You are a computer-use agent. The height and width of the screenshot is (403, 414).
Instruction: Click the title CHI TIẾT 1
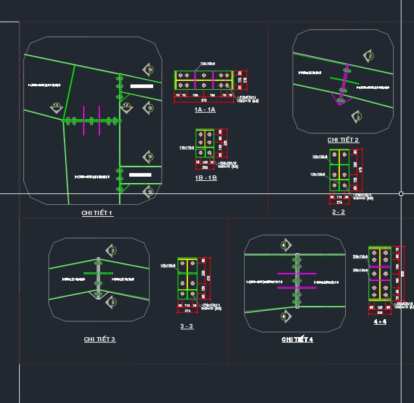[x=97, y=213]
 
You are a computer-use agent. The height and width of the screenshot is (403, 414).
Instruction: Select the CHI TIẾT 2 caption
[x=343, y=140]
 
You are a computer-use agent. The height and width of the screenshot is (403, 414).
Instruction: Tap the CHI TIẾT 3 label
[x=99, y=340]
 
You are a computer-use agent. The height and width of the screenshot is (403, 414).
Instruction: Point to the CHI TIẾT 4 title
[x=297, y=340]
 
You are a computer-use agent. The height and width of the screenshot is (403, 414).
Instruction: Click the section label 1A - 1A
[x=205, y=110]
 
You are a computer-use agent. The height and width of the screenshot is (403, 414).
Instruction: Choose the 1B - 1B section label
[x=206, y=178]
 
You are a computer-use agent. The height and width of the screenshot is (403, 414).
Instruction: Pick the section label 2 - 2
[x=339, y=212]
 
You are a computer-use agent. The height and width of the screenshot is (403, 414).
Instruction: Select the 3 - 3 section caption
[x=187, y=326]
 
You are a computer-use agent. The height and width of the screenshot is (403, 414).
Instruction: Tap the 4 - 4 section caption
[x=380, y=322]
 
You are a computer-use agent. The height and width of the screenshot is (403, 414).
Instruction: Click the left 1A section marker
[x=56, y=107]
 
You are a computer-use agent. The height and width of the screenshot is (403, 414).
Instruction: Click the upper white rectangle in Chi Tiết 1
[x=141, y=86]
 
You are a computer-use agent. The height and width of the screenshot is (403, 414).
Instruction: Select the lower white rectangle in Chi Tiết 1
[x=141, y=175]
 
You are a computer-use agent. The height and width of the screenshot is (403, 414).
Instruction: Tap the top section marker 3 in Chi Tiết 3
[x=110, y=250]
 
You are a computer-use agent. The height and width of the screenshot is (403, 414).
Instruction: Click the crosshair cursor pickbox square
[x=401, y=193]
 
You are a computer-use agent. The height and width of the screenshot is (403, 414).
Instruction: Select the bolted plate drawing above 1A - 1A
[x=203, y=80]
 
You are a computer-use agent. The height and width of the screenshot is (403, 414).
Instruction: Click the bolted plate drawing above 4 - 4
[x=380, y=273]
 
